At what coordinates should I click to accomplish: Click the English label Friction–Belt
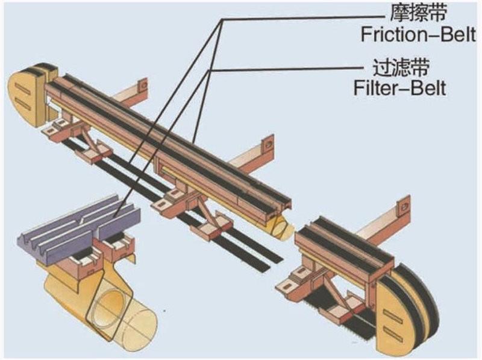pyautogui.click(x=403, y=34)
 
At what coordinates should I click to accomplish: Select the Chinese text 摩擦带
pyautogui.click(x=402, y=11)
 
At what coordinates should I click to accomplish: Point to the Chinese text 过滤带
pyautogui.click(x=398, y=67)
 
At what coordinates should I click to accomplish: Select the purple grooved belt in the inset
pyautogui.click(x=78, y=226)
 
